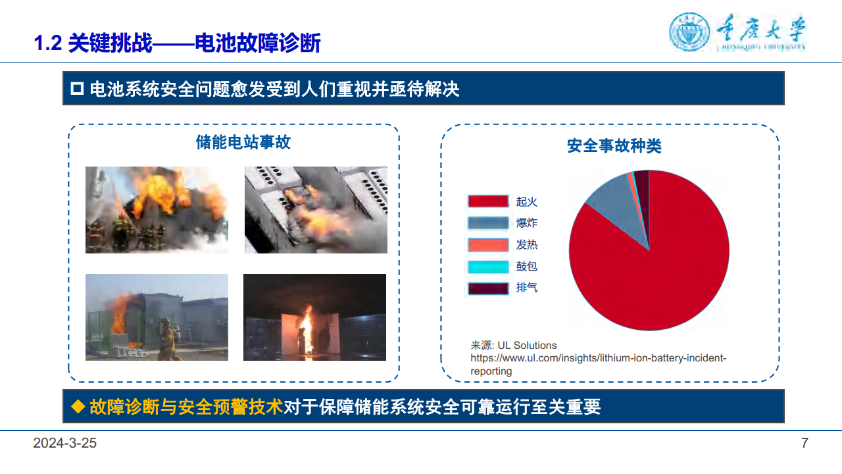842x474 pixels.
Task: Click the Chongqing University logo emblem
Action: tap(690, 32)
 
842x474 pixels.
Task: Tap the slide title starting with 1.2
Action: tap(177, 43)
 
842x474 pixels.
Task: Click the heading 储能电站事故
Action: tap(243, 142)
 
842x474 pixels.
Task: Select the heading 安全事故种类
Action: tap(614, 145)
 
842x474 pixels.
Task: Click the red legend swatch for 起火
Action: tap(488, 201)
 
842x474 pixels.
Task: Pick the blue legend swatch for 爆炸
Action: tap(488, 223)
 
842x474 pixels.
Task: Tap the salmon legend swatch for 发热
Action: tap(488, 245)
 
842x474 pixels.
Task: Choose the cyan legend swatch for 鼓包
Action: tap(488, 267)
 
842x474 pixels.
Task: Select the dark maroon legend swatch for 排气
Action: tap(488, 288)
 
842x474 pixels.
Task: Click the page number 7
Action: tap(804, 443)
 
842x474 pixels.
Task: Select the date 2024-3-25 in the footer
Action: tap(65, 443)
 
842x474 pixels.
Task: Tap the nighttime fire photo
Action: tap(314, 317)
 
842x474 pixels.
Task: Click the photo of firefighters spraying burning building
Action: tap(157, 209)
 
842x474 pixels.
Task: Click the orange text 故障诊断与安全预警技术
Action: tap(186, 407)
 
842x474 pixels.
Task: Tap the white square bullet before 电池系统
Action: tap(77, 88)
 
